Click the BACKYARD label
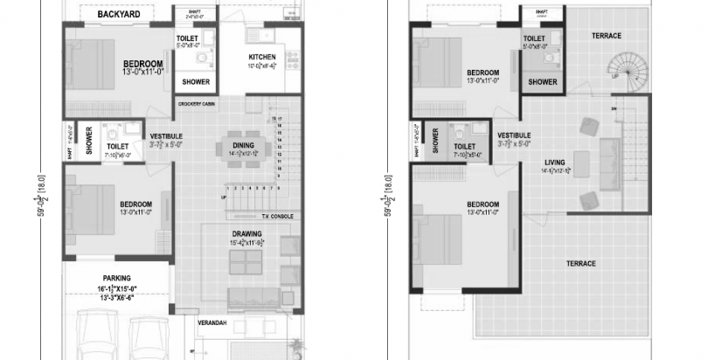click(x=119, y=14)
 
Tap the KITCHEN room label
click(x=262, y=58)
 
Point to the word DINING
click(x=242, y=144)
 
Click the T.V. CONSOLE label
click(x=275, y=216)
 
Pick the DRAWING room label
click(x=247, y=233)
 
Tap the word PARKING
click(x=118, y=278)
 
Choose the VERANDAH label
click(x=211, y=323)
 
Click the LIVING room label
click(x=554, y=163)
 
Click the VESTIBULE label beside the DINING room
click(x=166, y=136)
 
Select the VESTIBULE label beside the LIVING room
click(x=514, y=135)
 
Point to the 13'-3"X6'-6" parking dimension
click(x=118, y=297)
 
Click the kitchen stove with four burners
click(x=292, y=61)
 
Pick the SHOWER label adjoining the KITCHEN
click(x=196, y=82)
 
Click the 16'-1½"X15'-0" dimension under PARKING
click(x=118, y=287)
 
